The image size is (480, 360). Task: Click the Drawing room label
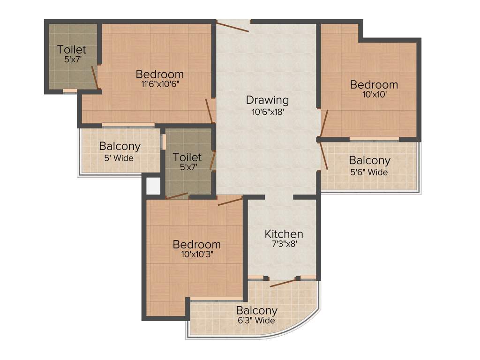click(267, 100)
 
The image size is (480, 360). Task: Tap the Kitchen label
click(284, 233)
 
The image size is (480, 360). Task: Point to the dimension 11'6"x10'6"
click(160, 84)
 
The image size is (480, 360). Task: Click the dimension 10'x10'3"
click(196, 255)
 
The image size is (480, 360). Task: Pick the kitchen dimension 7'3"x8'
click(284, 244)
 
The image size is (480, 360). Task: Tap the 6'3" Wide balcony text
click(256, 321)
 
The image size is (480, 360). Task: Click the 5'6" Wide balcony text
click(369, 172)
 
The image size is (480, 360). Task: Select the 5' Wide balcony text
click(119, 158)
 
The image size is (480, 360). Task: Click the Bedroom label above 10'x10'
click(374, 85)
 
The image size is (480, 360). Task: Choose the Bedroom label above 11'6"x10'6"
click(160, 74)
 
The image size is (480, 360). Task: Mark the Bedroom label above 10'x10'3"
click(196, 244)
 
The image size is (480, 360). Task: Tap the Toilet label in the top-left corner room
click(72, 49)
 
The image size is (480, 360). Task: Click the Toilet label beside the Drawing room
click(187, 157)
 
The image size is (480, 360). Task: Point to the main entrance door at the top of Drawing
click(233, 26)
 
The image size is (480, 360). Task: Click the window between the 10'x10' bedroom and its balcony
click(374, 139)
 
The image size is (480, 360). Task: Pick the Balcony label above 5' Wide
click(120, 146)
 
